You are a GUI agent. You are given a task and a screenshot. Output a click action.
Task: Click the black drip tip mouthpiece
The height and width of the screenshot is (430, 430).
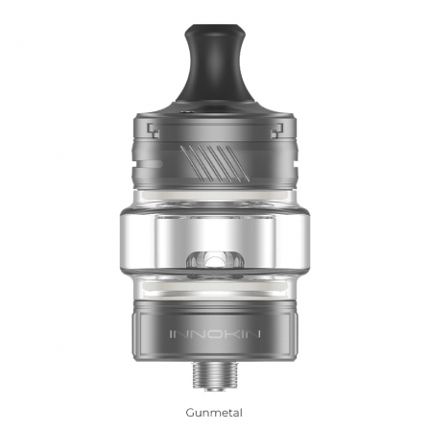(x=215, y=69)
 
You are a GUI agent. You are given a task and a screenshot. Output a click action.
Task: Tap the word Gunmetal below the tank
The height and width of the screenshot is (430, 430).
(x=214, y=413)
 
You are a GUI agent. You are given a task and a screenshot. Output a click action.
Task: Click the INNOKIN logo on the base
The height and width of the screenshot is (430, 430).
(x=215, y=334)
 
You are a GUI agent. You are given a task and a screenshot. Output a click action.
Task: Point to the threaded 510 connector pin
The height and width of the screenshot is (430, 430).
(x=215, y=376)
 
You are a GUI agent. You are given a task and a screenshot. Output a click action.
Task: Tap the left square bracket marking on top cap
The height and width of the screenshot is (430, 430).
(x=153, y=131)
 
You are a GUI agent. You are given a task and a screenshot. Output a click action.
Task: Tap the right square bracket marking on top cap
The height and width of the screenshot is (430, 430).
(x=277, y=131)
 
